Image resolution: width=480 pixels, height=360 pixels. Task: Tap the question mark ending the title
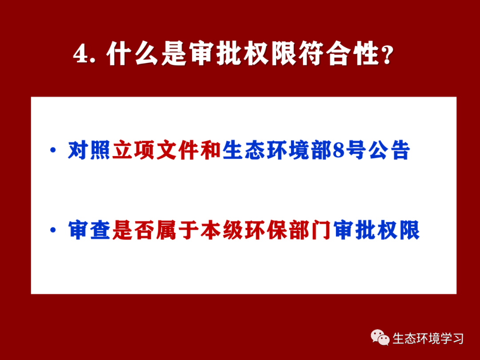(x=387, y=55)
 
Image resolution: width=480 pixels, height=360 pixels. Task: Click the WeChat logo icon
(x=380, y=337)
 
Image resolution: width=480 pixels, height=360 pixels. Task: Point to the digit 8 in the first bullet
(x=338, y=150)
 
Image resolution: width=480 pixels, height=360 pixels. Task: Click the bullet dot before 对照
(x=53, y=150)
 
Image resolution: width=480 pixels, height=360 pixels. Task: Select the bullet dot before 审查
(x=53, y=230)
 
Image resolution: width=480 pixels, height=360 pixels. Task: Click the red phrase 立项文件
(x=156, y=150)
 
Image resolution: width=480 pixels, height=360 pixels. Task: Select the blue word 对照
(x=89, y=150)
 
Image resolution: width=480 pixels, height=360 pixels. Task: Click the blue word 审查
(x=89, y=230)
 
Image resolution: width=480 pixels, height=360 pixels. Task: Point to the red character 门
(x=321, y=230)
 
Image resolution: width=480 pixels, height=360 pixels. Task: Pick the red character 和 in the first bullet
(x=211, y=150)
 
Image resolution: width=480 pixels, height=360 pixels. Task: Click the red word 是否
(x=133, y=230)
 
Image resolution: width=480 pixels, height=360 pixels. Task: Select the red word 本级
(x=221, y=230)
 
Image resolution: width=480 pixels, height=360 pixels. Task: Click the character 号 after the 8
(x=356, y=150)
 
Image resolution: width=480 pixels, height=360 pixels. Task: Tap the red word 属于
(x=177, y=230)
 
